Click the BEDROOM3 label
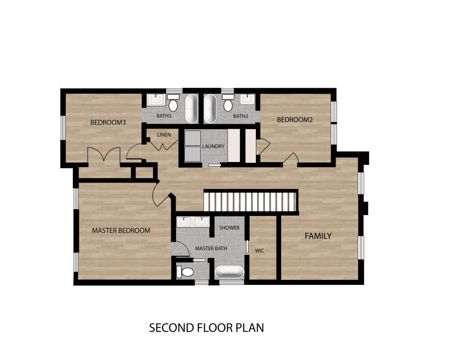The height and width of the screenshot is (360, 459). [x=108, y=122]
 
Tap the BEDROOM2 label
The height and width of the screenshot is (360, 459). [x=295, y=120]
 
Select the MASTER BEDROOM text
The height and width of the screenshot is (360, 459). [x=121, y=230]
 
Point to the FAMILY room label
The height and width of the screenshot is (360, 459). [x=318, y=236]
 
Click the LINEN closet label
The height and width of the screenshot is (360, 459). [x=164, y=135]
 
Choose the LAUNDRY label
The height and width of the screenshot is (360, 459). [x=213, y=146]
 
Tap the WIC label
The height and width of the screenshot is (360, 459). [x=259, y=251]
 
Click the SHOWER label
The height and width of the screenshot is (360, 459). [x=230, y=228]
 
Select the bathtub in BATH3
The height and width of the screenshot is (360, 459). [x=191, y=108]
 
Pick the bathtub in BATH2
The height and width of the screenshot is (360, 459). [x=210, y=108]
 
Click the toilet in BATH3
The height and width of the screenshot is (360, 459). [x=173, y=103]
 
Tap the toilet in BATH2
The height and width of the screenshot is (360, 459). [x=228, y=103]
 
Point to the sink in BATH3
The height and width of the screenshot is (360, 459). [x=155, y=99]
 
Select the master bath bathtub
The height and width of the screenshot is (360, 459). [x=230, y=272]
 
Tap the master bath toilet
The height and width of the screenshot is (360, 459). [x=185, y=272]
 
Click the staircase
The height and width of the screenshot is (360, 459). [x=251, y=201]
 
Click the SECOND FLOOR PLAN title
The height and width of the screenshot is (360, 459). [x=207, y=328]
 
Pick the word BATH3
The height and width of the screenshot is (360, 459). [x=164, y=116]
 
